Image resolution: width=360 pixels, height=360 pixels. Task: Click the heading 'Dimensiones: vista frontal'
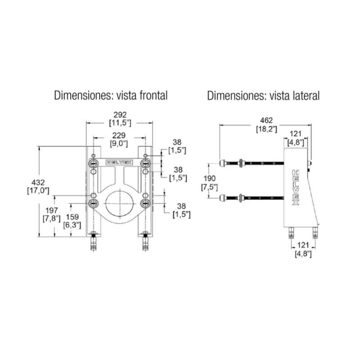coord(111,95)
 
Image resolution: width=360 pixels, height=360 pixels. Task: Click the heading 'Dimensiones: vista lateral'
coord(263,95)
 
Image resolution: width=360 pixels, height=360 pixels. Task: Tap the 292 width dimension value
coord(120,115)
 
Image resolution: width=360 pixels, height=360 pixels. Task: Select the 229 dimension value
coord(119,135)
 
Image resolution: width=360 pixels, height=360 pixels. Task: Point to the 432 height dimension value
coord(38,183)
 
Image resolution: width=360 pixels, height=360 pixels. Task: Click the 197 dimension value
coord(52,210)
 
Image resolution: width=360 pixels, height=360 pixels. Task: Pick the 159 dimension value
coord(72,217)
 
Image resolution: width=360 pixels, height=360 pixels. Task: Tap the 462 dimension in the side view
coord(266,120)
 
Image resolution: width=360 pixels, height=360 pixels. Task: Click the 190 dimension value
coord(209,178)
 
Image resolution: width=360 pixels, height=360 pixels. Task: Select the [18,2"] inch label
coord(266,129)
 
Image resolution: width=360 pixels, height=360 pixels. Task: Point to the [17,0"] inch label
coord(38,191)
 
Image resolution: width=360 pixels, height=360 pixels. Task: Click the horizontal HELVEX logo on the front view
coord(119,162)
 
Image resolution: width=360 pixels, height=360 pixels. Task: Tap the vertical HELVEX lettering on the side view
coord(296,188)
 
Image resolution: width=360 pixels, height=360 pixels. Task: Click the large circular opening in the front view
coord(119,203)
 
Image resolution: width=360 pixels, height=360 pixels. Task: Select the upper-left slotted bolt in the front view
coord(94,163)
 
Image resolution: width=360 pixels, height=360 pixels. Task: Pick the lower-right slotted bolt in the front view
coord(145,203)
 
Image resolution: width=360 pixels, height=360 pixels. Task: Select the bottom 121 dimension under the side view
coord(303,245)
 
